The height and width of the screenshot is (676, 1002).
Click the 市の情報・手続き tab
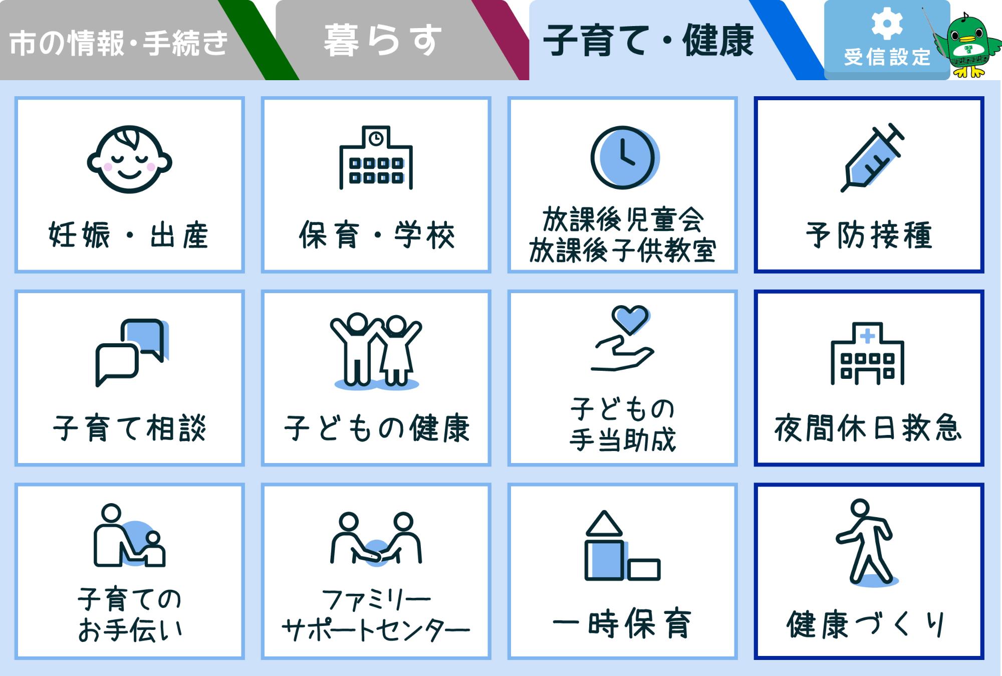click(x=119, y=43)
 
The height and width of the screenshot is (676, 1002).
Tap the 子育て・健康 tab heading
click(x=648, y=41)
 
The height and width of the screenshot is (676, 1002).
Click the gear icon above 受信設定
click(x=887, y=23)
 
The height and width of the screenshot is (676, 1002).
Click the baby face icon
click(x=129, y=159)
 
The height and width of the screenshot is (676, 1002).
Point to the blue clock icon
click(x=623, y=157)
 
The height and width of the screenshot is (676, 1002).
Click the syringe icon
click(x=872, y=157)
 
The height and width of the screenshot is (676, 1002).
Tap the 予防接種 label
click(x=869, y=235)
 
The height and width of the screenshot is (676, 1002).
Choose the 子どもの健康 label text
click(x=376, y=428)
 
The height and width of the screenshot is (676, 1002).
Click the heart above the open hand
click(x=630, y=319)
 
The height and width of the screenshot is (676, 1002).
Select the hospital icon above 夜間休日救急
click(x=868, y=354)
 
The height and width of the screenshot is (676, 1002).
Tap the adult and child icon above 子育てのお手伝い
click(x=129, y=536)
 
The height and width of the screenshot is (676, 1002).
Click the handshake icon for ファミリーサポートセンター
click(x=376, y=540)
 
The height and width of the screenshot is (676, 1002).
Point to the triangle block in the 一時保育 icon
click(x=604, y=524)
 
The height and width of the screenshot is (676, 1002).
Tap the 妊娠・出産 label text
click(x=129, y=235)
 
